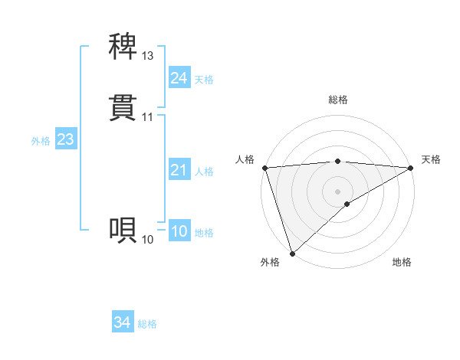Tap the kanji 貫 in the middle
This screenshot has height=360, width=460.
click(x=123, y=107)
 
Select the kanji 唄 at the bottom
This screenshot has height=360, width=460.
click(x=123, y=229)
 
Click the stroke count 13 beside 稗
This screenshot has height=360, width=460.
click(x=148, y=56)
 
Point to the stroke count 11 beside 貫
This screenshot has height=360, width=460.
click(x=148, y=117)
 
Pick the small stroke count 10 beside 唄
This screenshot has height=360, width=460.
click(x=148, y=240)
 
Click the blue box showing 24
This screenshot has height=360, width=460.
click(x=179, y=78)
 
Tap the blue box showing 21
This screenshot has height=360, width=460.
click(x=179, y=171)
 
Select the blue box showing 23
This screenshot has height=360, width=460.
click(x=65, y=139)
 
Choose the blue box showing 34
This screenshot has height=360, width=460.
click(x=123, y=323)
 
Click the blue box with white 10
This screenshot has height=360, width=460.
click(x=179, y=232)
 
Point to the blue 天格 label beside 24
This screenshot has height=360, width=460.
click(x=204, y=80)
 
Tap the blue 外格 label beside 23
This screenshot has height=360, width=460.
click(x=41, y=141)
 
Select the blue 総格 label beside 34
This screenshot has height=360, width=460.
click(x=147, y=325)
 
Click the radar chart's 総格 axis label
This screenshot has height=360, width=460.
click(x=338, y=100)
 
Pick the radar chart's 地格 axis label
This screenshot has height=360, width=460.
click(x=402, y=263)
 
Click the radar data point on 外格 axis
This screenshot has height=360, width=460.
click(x=292, y=254)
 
